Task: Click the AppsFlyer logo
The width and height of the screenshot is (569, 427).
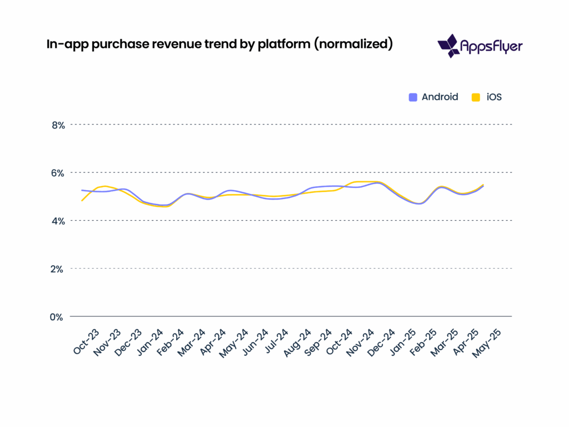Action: pos(480,46)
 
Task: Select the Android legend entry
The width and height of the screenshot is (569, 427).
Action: pos(433,97)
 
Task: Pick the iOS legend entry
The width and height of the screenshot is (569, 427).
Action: pos(487,97)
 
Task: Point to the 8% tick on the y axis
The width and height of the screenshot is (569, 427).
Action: pos(58,125)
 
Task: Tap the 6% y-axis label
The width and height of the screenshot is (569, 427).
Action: pos(58,173)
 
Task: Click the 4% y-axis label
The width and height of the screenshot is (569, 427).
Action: pos(58,221)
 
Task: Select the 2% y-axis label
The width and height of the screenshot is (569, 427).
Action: pos(58,269)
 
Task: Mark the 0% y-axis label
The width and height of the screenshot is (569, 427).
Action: pos(58,317)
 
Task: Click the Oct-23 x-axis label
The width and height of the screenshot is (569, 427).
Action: pos(87,341)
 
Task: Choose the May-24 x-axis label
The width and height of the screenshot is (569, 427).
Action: pos(234,341)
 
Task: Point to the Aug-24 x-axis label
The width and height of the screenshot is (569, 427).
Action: pos(298,341)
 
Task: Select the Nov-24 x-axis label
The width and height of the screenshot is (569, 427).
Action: pos(361,341)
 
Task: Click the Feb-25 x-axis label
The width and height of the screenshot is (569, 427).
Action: pos(425,341)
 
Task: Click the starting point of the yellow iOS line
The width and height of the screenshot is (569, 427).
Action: pos(82,201)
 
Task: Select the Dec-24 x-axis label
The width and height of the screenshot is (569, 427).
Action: pos(382,341)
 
